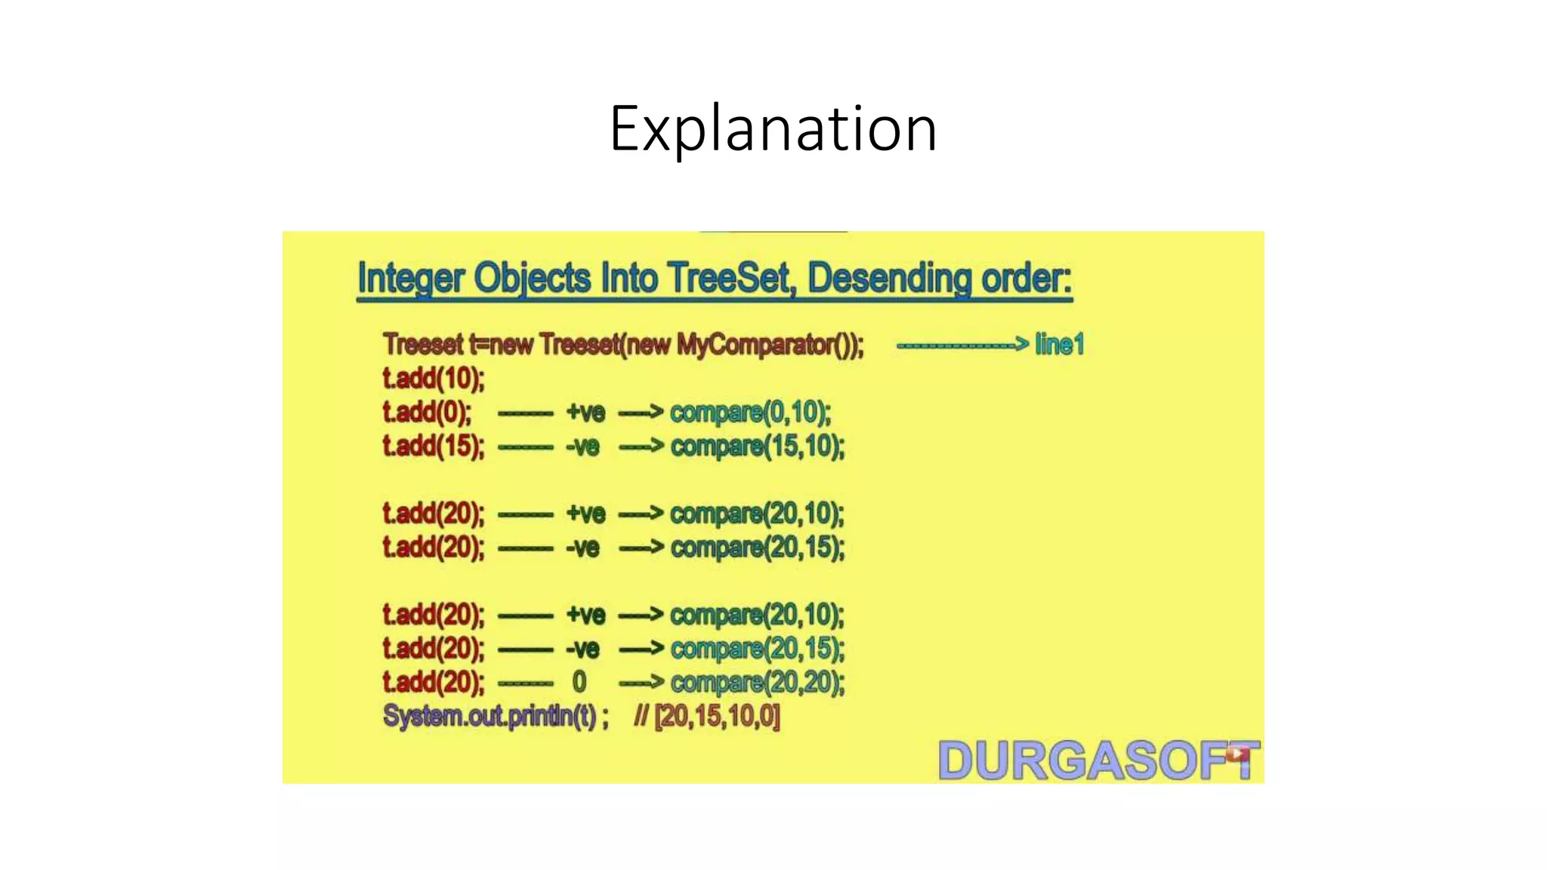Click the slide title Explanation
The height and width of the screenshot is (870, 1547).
coord(773,129)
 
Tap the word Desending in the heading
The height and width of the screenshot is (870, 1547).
coord(889,279)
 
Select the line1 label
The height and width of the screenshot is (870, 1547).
coord(1059,344)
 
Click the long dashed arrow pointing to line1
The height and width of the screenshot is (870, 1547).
coord(962,345)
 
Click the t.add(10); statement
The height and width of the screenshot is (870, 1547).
coord(433,378)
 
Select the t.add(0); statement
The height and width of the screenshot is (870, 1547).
coord(427,412)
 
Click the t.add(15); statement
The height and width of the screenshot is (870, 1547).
coord(433,446)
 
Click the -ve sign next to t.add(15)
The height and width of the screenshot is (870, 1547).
coord(582,446)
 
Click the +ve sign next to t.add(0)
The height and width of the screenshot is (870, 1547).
coord(585,412)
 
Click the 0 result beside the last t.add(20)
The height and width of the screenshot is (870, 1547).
coord(579,682)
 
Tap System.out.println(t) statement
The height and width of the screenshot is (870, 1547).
coord(495,716)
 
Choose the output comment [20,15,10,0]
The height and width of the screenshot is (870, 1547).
coord(717,716)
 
